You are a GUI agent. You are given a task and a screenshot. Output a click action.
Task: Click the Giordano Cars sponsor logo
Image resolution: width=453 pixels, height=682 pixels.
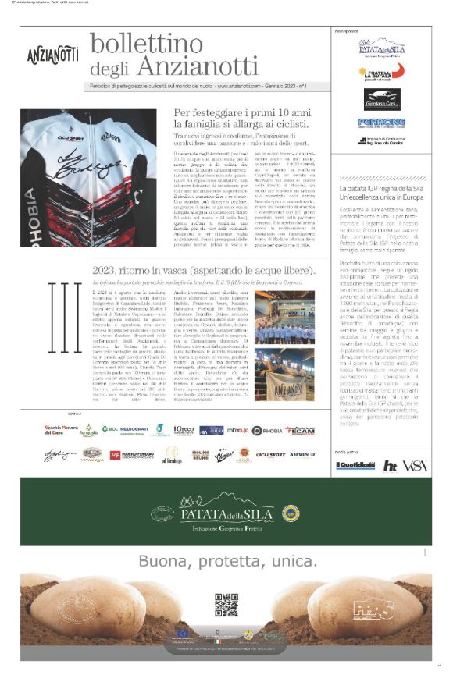381,99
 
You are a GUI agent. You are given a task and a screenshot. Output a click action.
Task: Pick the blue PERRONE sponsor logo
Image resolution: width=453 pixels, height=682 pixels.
381,123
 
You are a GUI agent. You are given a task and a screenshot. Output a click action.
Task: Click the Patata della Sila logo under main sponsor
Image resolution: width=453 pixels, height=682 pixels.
381,48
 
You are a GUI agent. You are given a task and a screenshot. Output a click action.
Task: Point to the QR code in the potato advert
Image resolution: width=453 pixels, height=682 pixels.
226,605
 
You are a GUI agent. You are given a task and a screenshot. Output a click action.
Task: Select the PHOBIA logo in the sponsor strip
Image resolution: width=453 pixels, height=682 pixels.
266,430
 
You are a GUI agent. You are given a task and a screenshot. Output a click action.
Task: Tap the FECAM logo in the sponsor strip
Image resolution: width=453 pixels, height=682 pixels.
300,430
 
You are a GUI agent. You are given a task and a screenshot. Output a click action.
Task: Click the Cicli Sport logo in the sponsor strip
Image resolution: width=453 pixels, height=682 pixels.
270,454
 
